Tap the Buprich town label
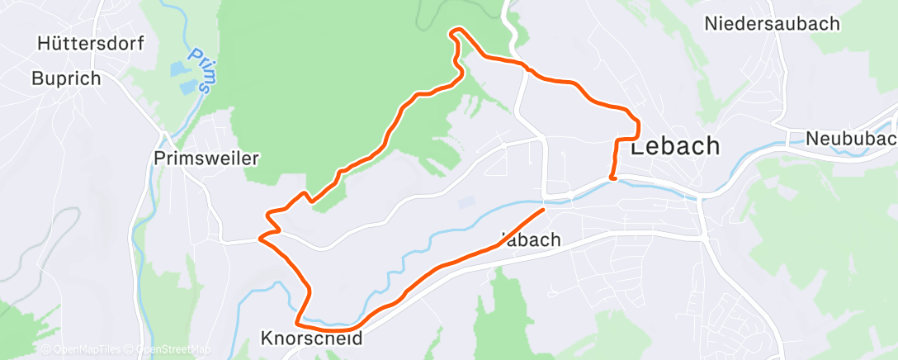pyautogui.click(x=65, y=78)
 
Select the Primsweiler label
pyautogui.click(x=206, y=158)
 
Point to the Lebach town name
pyautogui.click(x=674, y=146)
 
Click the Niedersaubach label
pyautogui.click(x=772, y=23)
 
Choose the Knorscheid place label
pyautogui.click(x=311, y=339)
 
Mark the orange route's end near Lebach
pyautogui.click(x=612, y=177)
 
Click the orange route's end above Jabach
pyautogui.click(x=544, y=210)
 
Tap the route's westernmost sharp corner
pyautogui.click(x=261, y=238)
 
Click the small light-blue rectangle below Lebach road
pyautogui.click(x=466, y=201)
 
